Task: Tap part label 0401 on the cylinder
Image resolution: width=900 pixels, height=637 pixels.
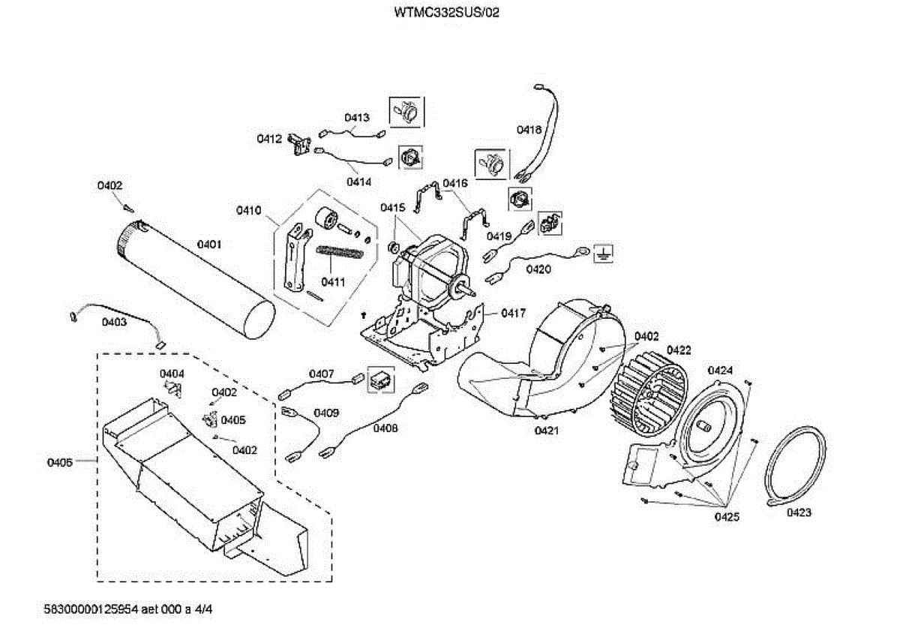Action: [209, 244]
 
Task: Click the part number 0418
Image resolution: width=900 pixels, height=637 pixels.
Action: [529, 130]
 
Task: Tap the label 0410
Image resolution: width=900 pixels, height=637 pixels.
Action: [248, 211]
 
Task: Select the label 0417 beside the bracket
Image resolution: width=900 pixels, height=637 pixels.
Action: [514, 313]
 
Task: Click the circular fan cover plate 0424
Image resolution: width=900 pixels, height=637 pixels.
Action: [713, 428]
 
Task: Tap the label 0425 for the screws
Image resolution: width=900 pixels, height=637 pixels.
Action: [726, 517]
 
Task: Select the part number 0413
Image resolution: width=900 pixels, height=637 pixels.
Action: [357, 118]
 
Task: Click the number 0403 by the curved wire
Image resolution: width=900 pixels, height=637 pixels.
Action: [114, 322]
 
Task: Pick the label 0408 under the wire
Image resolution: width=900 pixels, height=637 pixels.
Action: [385, 428]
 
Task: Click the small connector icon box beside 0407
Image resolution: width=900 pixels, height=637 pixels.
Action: [379, 380]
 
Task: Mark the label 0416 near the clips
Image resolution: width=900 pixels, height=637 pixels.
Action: [454, 183]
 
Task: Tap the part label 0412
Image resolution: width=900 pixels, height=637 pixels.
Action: [268, 139]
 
